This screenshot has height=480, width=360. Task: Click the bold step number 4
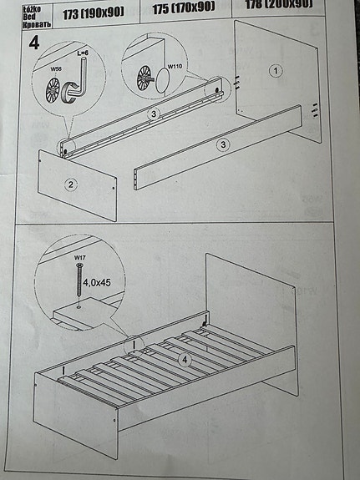point(33,43)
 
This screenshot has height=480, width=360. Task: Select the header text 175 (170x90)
point(184,7)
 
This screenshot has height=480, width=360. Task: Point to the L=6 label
point(83,53)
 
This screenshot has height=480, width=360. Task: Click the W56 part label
point(56,70)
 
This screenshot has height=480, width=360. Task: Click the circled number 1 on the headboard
point(275,71)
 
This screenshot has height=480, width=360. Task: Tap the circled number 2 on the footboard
point(72,184)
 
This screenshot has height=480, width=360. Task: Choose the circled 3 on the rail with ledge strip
point(153,114)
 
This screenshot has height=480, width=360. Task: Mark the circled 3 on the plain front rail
point(222,144)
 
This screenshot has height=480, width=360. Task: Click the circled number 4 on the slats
point(185,361)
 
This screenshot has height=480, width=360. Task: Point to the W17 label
point(79,259)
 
